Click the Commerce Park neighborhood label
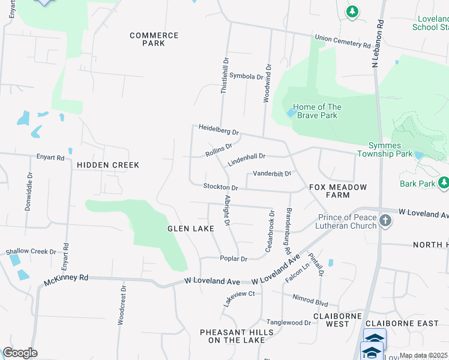[x=154, y=39]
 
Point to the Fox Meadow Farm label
[x=337, y=191]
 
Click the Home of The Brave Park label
[x=318, y=111]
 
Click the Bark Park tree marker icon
[x=444, y=182]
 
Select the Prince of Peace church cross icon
[x=385, y=221]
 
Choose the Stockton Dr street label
[x=220, y=188]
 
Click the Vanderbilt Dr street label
[x=271, y=173]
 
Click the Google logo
[x=20, y=353]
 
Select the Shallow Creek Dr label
[x=31, y=251]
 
